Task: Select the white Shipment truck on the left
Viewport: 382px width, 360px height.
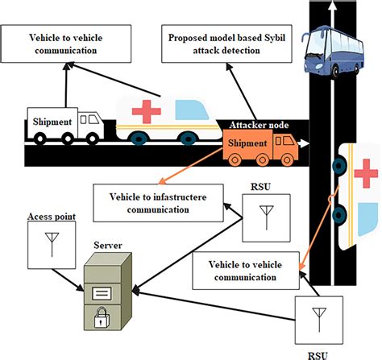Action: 65,125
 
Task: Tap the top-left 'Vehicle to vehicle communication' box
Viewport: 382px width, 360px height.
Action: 66,43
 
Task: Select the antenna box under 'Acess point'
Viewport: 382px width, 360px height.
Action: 50,245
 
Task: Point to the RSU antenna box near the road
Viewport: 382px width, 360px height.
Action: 263,216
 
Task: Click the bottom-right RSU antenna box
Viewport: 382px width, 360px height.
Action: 318,317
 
